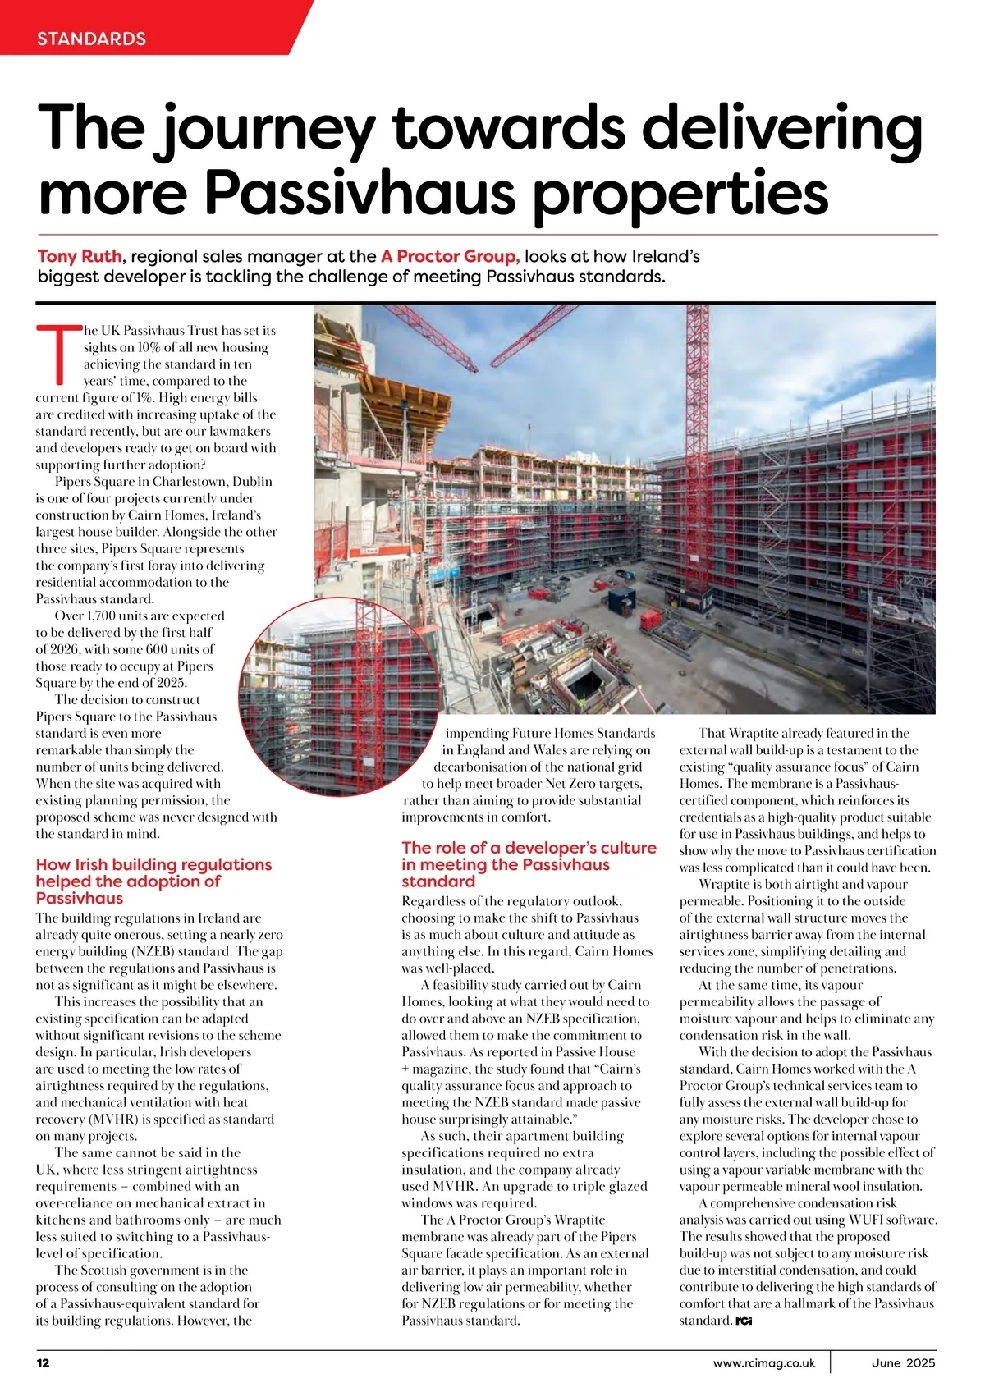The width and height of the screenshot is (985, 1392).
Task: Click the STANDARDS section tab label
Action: click(91, 39)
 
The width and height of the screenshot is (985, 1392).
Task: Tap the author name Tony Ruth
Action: click(79, 256)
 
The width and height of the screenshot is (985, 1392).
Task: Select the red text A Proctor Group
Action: click(450, 256)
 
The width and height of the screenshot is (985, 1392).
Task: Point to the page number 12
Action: click(43, 1364)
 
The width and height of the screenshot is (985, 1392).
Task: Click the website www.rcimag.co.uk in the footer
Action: click(764, 1364)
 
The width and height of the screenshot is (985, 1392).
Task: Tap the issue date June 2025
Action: click(903, 1364)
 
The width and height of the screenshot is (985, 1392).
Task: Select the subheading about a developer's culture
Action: click(529, 864)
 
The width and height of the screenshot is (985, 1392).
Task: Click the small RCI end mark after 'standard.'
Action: click(744, 1321)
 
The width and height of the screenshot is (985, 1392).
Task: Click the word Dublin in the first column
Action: click(253, 482)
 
